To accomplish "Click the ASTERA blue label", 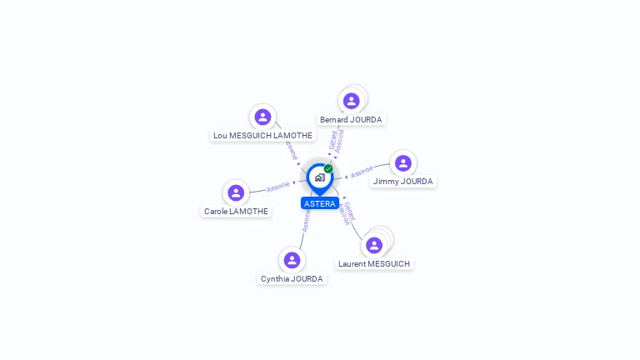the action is tap(319, 203).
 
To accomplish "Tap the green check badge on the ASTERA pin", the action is tap(328, 168).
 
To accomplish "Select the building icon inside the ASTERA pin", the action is tap(319, 177).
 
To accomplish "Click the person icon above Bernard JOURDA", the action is tap(352, 101).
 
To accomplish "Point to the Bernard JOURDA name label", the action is tap(351, 120).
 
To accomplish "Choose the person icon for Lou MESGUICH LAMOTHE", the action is tap(262, 117).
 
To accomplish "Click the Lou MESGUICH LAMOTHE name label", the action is tap(262, 135).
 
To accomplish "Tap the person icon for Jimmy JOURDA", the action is tap(403, 163).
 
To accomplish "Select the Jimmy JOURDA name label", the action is tap(403, 182).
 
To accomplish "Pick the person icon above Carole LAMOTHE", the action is tap(236, 192).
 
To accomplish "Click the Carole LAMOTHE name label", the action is tap(236, 212).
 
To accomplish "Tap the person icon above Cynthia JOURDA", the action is tap(292, 260).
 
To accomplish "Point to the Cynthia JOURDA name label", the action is tap(292, 279).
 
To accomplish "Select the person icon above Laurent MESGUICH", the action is tap(374, 245).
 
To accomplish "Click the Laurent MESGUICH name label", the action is tap(374, 264).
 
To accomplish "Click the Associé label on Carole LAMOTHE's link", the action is tap(278, 186).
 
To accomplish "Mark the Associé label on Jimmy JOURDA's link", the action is tap(362, 172).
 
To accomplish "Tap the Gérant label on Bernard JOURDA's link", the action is tap(332, 140).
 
